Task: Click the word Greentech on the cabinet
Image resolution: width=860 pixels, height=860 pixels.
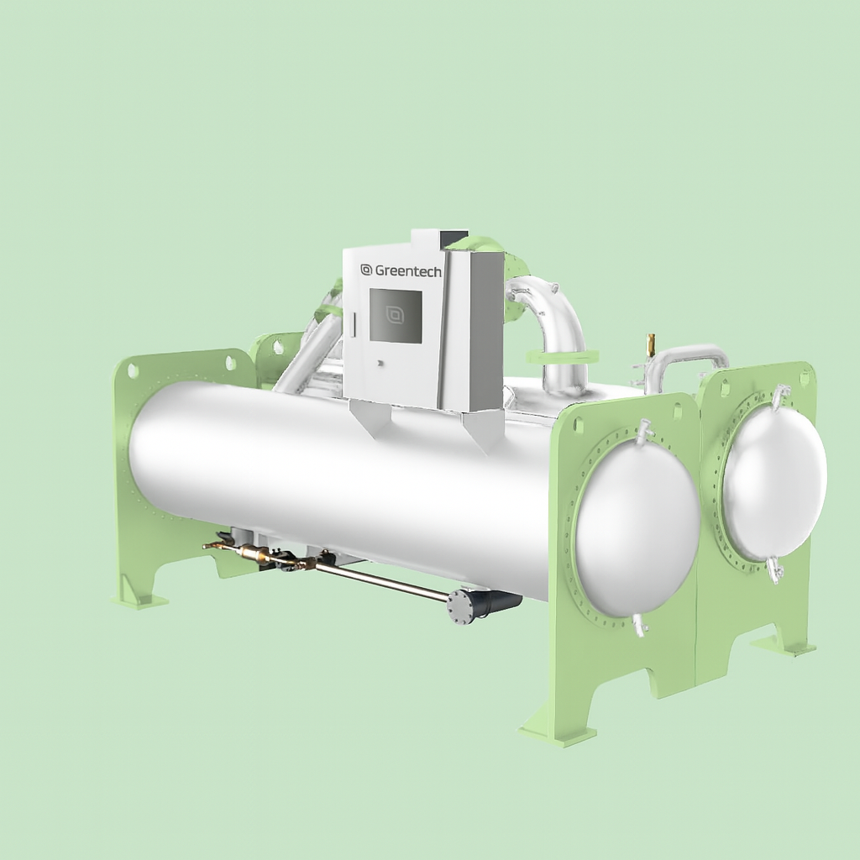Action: point(408,270)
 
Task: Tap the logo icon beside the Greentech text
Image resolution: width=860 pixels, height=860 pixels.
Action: point(366,270)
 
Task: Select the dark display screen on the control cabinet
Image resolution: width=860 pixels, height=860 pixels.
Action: point(396,316)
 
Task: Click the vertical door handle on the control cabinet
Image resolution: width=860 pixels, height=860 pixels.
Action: point(354,323)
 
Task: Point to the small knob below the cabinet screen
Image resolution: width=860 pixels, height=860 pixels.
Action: point(380,363)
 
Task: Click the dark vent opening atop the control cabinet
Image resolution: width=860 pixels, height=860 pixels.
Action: point(454,237)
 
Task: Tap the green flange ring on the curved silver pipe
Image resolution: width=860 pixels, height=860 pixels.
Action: point(564,356)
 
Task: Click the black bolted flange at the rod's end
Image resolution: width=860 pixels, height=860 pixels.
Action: point(460,606)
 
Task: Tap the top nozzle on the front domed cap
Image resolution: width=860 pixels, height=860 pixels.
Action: point(645,432)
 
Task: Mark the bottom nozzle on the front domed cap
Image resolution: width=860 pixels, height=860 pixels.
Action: point(640,625)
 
